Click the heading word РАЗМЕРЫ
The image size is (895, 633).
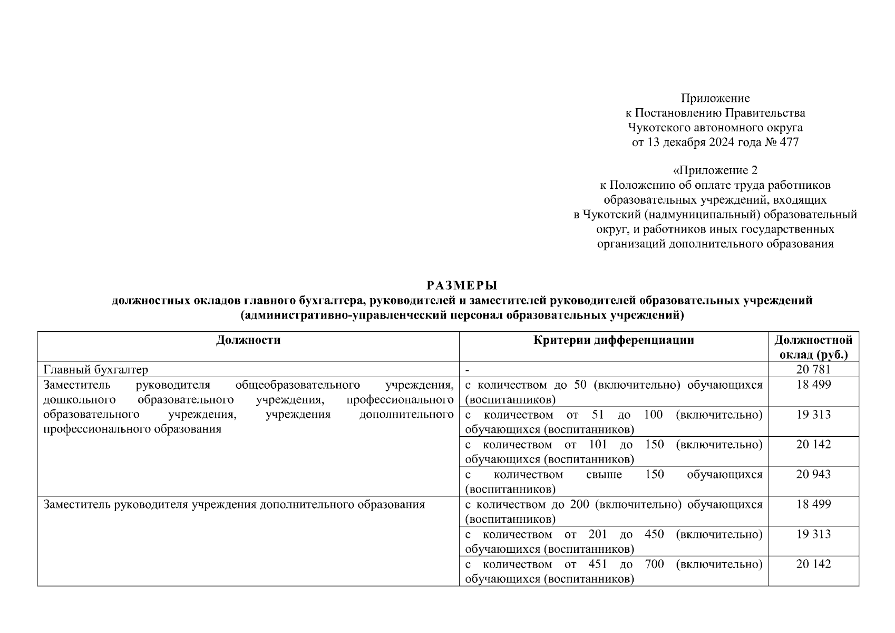tap(462, 285)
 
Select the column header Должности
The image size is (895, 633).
tap(248, 340)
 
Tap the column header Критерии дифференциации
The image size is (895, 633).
tap(614, 340)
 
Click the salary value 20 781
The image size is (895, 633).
tap(813, 370)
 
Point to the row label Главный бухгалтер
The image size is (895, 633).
tap(95, 370)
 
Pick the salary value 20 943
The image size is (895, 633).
tap(813, 474)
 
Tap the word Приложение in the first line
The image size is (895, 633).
tap(715, 98)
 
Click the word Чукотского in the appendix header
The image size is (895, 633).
tap(657, 128)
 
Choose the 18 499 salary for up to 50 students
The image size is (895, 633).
tap(813, 385)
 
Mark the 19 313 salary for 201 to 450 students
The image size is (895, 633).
tap(813, 534)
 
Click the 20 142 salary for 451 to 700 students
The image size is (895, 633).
tap(813, 564)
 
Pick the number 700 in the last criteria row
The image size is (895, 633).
tap(654, 564)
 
